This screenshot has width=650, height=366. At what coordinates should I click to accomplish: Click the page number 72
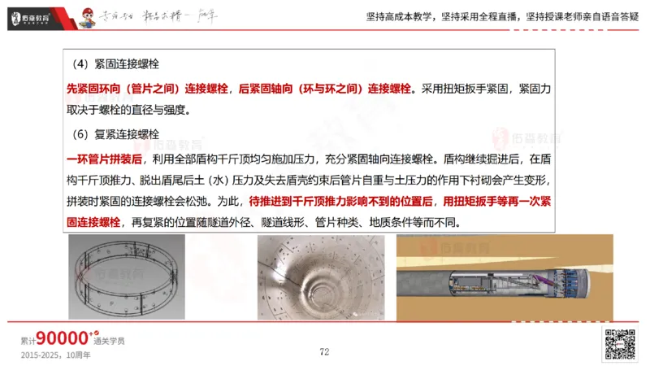click(324, 351)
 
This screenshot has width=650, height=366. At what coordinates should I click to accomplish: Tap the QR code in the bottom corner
click(617, 345)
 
